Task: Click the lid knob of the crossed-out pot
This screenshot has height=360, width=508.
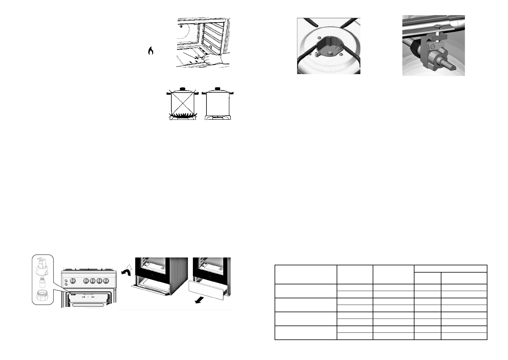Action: (x=183, y=88)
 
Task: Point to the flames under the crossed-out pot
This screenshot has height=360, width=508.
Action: (x=182, y=115)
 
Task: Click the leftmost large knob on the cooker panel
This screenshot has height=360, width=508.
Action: (x=73, y=281)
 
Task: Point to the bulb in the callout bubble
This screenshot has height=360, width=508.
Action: (x=41, y=283)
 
